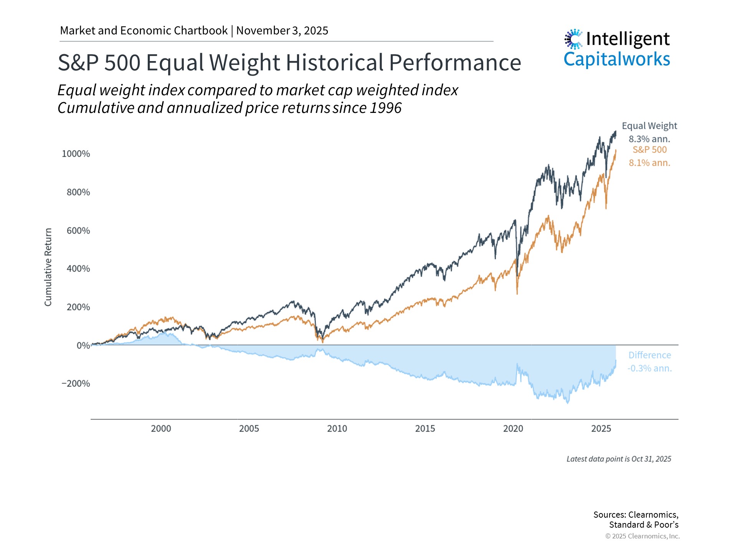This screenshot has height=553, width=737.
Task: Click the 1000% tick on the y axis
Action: [76, 154]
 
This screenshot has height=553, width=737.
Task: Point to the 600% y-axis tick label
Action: [78, 230]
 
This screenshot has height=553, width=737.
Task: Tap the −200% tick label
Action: [76, 383]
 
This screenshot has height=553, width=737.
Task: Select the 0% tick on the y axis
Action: [83, 345]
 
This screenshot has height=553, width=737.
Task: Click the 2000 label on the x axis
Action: [161, 429]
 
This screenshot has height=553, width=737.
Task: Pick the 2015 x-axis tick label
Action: [425, 429]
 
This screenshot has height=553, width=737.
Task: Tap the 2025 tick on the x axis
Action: [601, 429]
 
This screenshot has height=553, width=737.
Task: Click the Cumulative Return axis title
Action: [48, 267]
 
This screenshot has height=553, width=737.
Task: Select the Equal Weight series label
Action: [649, 126]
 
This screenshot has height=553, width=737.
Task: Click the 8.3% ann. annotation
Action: [649, 139]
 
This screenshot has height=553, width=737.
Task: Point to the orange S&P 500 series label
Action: [649, 150]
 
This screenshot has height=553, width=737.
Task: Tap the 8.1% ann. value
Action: [649, 163]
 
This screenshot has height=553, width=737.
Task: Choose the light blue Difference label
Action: [649, 355]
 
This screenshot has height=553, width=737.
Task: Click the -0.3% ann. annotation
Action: [649, 368]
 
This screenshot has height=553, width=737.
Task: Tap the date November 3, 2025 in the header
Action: [282, 31]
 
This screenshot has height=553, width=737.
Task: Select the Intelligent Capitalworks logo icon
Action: [573, 39]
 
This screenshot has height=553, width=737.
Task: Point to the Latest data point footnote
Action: [619, 459]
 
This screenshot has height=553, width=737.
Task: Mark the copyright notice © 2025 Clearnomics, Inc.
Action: [642, 536]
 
